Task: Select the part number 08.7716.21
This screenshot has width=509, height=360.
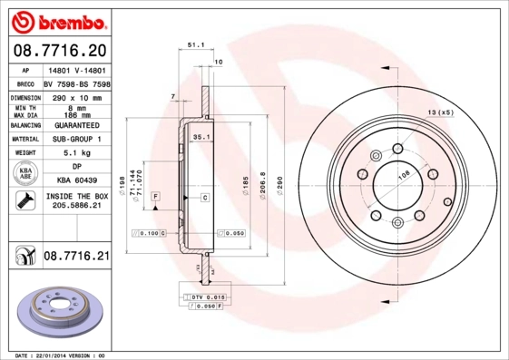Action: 76,257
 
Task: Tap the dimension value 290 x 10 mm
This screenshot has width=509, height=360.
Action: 76,96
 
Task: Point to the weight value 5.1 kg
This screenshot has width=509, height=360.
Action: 76,153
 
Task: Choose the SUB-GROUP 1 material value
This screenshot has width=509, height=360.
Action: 76,139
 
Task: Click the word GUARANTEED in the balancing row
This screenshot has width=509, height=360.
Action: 76,124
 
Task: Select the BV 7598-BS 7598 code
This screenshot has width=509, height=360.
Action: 76,83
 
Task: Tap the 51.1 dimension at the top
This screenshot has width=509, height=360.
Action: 194,44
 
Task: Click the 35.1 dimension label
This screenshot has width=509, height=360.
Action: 201,137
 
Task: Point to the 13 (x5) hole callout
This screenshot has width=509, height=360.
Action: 439,112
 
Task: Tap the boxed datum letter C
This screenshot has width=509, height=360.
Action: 205,197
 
